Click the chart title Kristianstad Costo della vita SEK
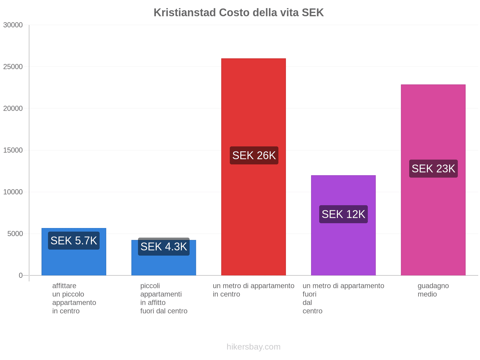click(x=238, y=13)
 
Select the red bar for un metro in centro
click(x=253, y=105)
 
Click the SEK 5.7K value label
click(x=74, y=241)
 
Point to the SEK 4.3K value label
click(x=164, y=247)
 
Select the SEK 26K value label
click(x=254, y=155)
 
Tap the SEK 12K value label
click(x=343, y=214)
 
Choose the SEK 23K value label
click(x=433, y=169)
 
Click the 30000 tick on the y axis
click(x=13, y=25)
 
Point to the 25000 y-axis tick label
click(x=13, y=67)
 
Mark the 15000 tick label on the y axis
click(x=13, y=150)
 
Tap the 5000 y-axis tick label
click(x=15, y=234)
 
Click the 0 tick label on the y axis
click(x=21, y=275)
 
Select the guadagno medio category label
click(x=433, y=290)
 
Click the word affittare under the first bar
click(x=64, y=286)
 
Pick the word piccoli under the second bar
click(x=150, y=286)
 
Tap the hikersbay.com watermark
click(x=253, y=347)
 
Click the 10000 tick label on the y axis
click(x=13, y=192)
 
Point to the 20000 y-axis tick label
click(x=13, y=108)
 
